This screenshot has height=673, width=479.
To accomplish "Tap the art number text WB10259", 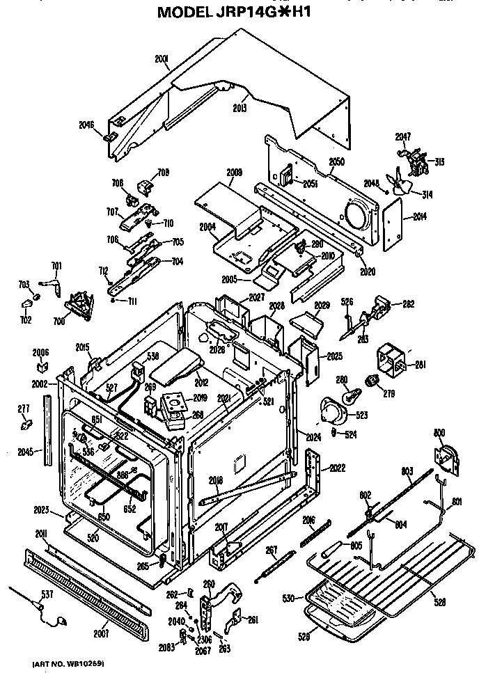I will coord(68,665).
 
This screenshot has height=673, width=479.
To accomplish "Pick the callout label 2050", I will coord(337,161).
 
